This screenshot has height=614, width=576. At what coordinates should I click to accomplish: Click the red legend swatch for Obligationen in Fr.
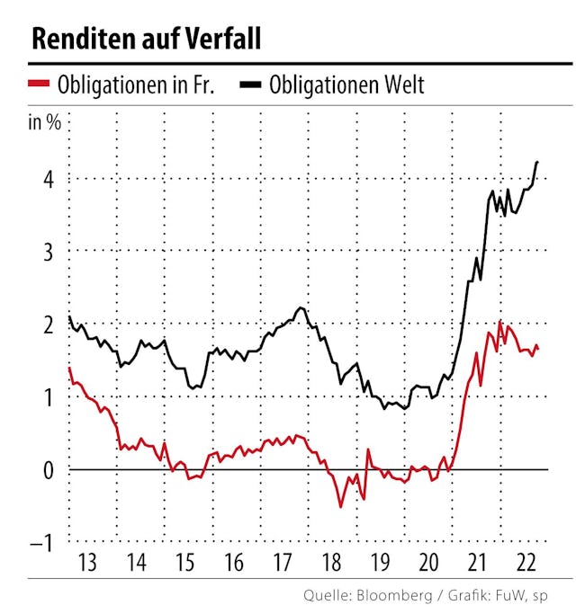[40, 85]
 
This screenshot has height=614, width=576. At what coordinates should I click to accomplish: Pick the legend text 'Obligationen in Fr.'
[134, 85]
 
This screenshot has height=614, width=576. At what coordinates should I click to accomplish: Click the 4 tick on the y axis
[47, 179]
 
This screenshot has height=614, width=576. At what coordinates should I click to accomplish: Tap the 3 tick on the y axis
[47, 252]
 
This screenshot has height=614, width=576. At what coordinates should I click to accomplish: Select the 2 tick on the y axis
[47, 325]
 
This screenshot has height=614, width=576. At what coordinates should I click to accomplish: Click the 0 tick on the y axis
[47, 470]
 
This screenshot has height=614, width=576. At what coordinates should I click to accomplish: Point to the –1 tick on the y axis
[42, 543]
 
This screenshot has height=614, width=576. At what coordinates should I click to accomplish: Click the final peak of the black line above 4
[537, 162]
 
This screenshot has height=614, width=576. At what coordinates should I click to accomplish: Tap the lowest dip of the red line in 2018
[341, 507]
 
